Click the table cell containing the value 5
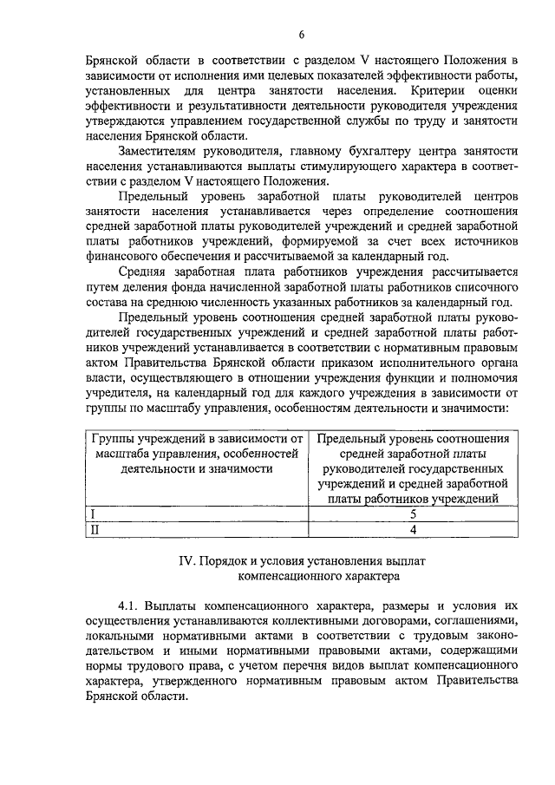click(413, 514)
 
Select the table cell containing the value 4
click(413, 528)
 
